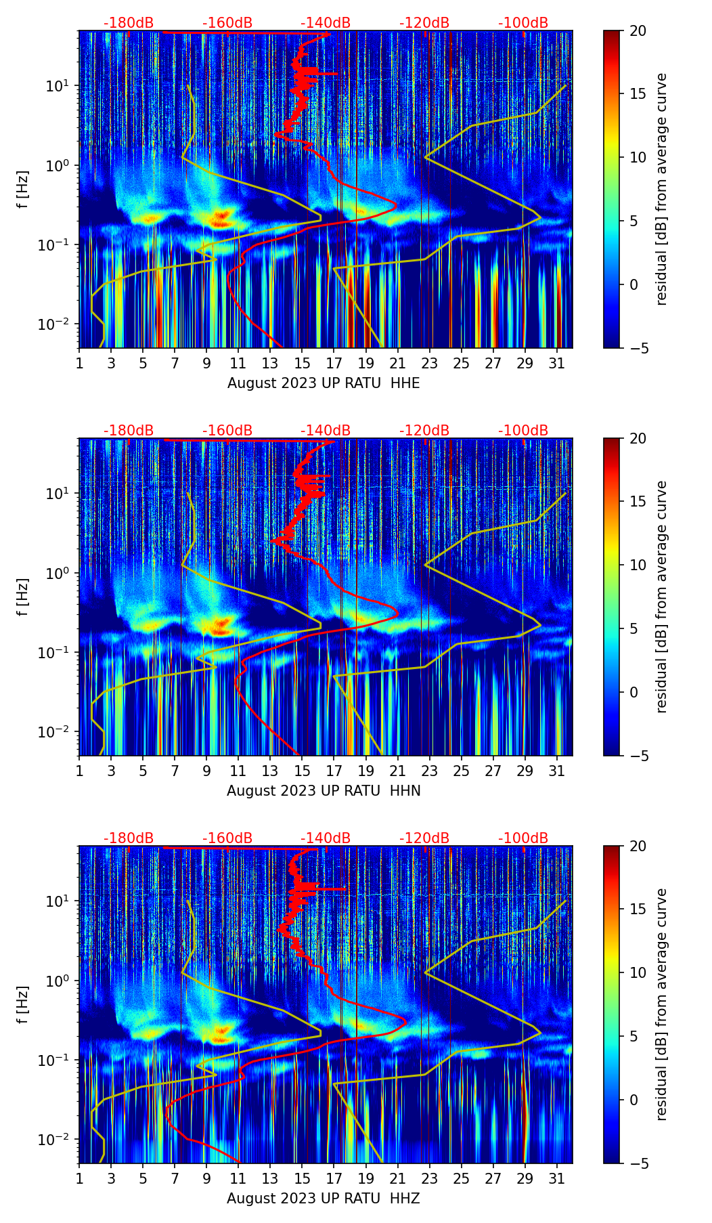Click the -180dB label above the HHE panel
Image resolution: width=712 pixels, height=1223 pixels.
tap(129, 23)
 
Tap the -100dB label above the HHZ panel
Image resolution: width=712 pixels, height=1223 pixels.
tap(523, 838)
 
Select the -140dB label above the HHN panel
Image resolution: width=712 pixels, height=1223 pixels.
tap(326, 431)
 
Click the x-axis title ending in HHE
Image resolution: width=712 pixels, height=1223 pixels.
tap(324, 383)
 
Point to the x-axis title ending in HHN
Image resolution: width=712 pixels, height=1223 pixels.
tap(324, 791)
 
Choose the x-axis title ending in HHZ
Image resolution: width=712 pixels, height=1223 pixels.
tap(324, 1199)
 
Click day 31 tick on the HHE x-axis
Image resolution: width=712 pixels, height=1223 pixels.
tap(557, 363)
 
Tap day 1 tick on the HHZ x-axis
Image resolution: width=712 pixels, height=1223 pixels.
tap(79, 1178)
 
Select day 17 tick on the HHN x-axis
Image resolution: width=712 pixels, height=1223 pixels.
tap(334, 771)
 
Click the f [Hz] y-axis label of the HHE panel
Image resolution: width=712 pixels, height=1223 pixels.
tap(24, 189)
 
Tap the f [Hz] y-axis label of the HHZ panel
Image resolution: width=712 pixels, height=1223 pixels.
tap(24, 1004)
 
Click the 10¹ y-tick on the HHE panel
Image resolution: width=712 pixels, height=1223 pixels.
tap(58, 86)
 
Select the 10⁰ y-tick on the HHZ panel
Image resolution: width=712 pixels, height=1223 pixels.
tap(58, 981)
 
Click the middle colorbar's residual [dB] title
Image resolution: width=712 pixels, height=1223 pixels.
tap(661, 597)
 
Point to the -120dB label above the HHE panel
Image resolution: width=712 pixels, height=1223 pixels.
tap(424, 23)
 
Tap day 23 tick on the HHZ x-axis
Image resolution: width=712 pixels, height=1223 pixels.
tap(430, 1178)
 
